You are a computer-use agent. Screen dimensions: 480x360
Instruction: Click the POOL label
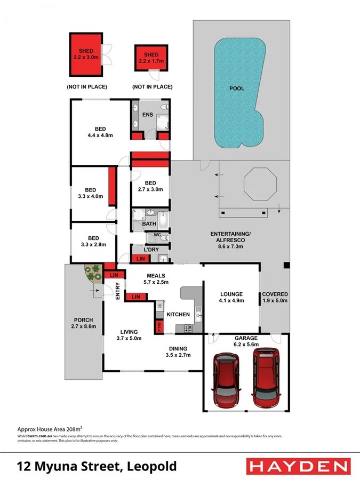click(x=236, y=89)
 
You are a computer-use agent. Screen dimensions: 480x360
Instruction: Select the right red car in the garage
click(x=267, y=378)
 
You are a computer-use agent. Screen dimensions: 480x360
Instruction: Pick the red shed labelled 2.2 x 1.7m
click(x=151, y=58)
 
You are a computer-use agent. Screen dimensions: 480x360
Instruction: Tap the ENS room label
click(x=148, y=114)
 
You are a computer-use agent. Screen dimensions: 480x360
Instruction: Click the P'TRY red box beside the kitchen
click(x=159, y=326)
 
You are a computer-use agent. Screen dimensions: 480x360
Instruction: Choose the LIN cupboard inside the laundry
click(x=141, y=259)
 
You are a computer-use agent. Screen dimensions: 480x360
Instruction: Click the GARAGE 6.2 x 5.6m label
click(x=246, y=341)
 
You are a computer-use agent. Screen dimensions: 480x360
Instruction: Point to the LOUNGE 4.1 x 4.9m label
click(x=231, y=297)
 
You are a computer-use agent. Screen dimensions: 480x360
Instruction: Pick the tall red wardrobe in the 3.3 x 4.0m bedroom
click(x=112, y=187)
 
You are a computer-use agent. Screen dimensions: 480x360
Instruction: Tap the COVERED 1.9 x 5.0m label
click(x=275, y=297)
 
